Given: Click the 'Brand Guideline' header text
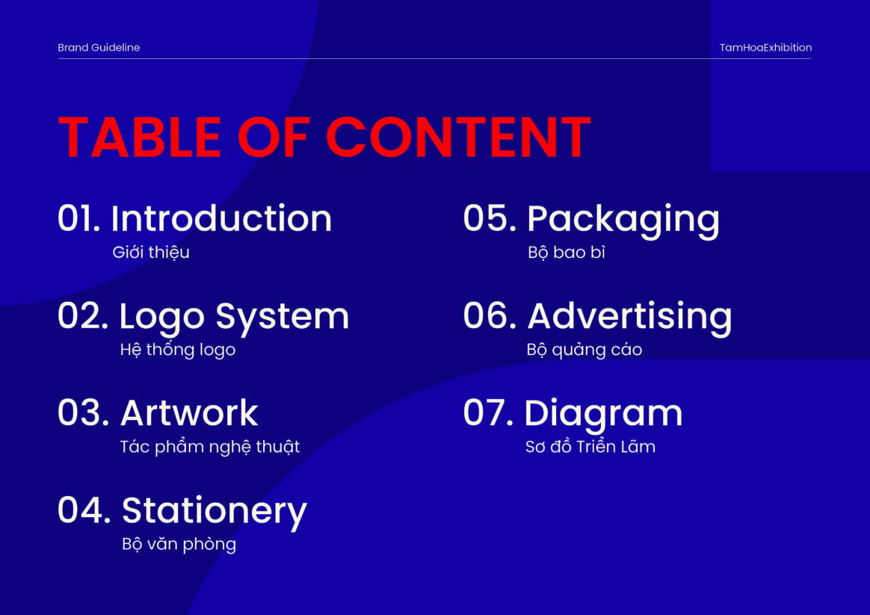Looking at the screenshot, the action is click(99, 48).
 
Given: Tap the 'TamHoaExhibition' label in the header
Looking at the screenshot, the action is click(765, 48).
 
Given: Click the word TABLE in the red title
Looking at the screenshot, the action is click(139, 137).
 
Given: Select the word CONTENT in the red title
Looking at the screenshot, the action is click(458, 137).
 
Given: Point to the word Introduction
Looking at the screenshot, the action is click(221, 218).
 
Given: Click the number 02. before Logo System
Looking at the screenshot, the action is click(83, 316).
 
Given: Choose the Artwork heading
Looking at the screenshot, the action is click(189, 413).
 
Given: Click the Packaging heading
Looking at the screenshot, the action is click(623, 220).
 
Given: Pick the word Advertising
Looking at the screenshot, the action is click(630, 318).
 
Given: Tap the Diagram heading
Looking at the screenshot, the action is click(603, 415).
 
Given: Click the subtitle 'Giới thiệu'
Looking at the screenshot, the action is click(151, 253).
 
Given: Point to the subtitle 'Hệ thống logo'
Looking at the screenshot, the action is click(178, 350).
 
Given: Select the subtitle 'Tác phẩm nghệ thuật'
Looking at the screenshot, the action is click(210, 447).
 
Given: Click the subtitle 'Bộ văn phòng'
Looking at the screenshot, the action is click(179, 544).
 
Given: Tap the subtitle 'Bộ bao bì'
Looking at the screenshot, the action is click(566, 253).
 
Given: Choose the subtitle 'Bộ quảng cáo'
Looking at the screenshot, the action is click(584, 350).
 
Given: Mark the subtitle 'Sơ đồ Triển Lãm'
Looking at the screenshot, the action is click(590, 446).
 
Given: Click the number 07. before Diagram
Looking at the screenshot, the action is click(488, 413).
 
